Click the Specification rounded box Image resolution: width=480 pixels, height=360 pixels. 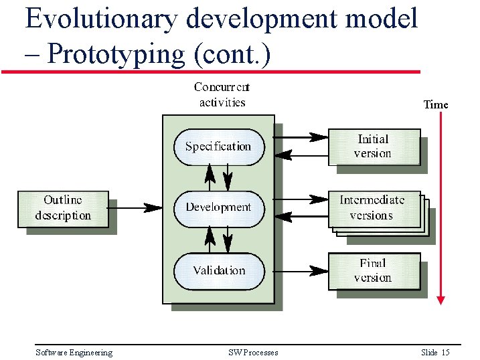click(x=218, y=147)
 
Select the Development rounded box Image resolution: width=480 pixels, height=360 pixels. click(x=218, y=207)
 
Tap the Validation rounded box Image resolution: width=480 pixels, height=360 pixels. click(x=218, y=270)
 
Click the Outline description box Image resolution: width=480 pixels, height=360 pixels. click(x=62, y=208)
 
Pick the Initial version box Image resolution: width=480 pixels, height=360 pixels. click(x=373, y=146)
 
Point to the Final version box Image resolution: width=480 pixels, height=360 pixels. click(x=373, y=270)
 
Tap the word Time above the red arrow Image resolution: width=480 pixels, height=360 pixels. click(x=436, y=104)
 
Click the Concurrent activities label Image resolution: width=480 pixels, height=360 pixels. click(x=222, y=94)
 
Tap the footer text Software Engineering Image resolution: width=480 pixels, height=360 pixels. click(x=74, y=353)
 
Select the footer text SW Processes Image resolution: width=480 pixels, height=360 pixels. click(x=253, y=353)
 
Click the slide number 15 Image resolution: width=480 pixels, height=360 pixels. click(x=445, y=353)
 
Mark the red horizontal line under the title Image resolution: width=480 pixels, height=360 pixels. click(x=211, y=71)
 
